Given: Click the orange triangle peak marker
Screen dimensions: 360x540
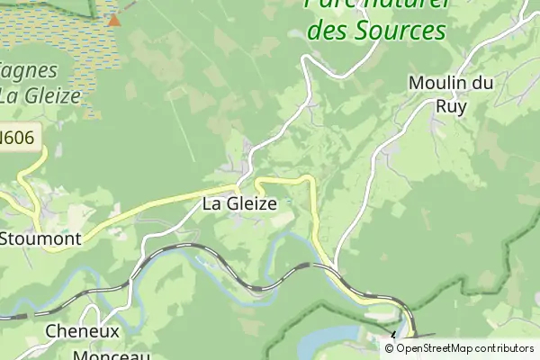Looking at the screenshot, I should pyautogui.click(x=113, y=19).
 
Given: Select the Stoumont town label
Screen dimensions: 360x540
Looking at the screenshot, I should pyautogui.click(x=42, y=239).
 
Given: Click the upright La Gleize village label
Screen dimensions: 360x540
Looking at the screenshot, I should pyautogui.click(x=238, y=203).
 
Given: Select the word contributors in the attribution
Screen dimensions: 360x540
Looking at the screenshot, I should pyautogui.click(x=508, y=348).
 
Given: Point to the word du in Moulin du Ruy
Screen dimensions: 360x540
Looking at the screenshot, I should pyautogui.click(x=483, y=83).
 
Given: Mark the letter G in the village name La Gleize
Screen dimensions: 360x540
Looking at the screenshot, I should pyautogui.click(x=231, y=203).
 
